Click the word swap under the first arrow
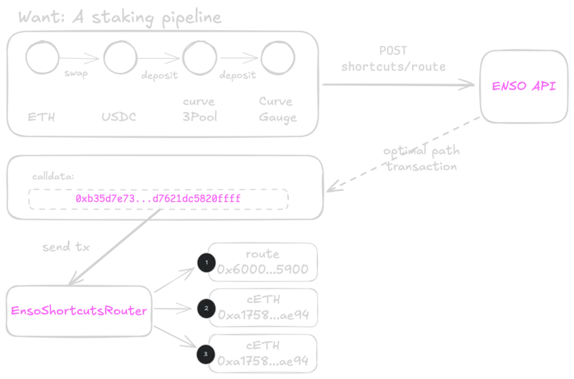pyautogui.click(x=76, y=74)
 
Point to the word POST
pyautogui.click(x=392, y=52)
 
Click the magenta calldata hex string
pyautogui.click(x=158, y=197)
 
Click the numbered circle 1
pyautogui.click(x=206, y=263)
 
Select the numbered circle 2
pyautogui.click(x=206, y=309)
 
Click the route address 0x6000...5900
pyautogui.click(x=263, y=270)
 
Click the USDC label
pyautogui.click(x=119, y=116)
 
